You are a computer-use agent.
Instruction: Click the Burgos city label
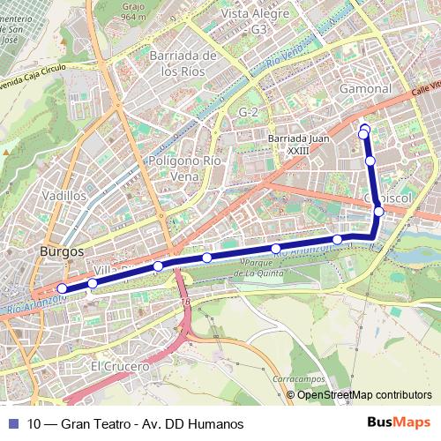[x=62, y=250]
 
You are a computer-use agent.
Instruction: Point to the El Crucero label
[x=120, y=365]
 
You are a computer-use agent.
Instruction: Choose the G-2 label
[x=249, y=113]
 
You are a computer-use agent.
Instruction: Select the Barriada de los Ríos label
[x=183, y=64]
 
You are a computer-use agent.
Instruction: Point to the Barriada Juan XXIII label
[x=297, y=144]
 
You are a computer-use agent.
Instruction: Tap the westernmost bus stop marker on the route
[x=62, y=288]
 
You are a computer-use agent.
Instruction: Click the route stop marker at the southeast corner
[x=377, y=211]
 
